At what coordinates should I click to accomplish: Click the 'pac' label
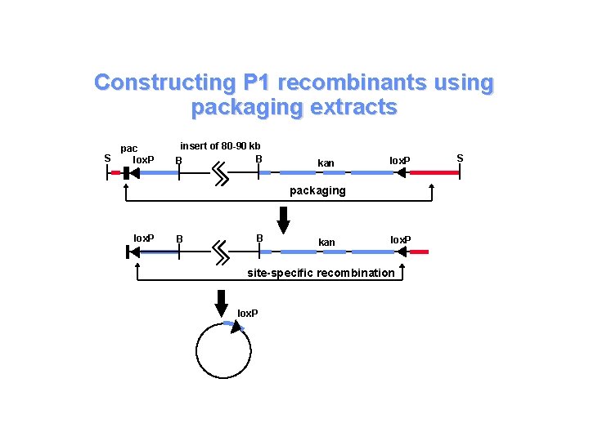point(129,148)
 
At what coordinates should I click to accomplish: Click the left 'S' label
point(106,158)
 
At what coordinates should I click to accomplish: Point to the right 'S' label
point(460,158)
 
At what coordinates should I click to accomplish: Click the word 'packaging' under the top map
point(318,190)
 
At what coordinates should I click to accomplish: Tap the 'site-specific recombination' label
point(321,273)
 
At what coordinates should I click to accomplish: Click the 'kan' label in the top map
point(326,163)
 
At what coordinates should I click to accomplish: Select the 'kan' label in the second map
point(326,243)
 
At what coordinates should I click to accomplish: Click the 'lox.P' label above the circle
point(247,313)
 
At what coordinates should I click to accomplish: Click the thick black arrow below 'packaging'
point(284,218)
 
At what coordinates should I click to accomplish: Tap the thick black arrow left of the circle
point(221,301)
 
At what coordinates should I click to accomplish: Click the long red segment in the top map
point(434,173)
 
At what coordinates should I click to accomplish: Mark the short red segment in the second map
point(418,252)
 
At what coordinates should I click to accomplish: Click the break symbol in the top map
point(220,173)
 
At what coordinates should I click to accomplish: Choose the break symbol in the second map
point(220,252)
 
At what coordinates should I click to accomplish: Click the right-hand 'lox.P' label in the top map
point(399,158)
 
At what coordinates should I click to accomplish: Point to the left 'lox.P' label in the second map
point(144,238)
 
